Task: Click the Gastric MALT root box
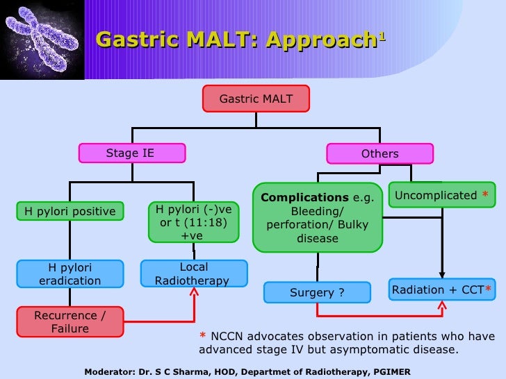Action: pyautogui.click(x=256, y=99)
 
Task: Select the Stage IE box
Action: pyautogui.click(x=131, y=153)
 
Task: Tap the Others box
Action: pyautogui.click(x=379, y=154)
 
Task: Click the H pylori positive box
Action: pyautogui.click(x=70, y=211)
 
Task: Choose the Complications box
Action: pyautogui.click(x=318, y=217)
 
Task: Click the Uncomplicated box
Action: pyautogui.click(x=441, y=196)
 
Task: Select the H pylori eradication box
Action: pyautogui.click(x=70, y=274)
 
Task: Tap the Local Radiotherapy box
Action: pyautogui.click(x=194, y=273)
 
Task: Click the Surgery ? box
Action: pyautogui.click(x=317, y=293)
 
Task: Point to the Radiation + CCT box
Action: pyautogui.click(x=441, y=289)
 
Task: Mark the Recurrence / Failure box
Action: pyautogui.click(x=70, y=322)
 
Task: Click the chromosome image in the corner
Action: pyautogui.click(x=42, y=40)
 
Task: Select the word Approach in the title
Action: pyautogui.click(x=320, y=40)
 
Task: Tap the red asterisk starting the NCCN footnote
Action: pyautogui.click(x=202, y=337)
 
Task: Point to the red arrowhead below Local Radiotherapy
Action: pyautogui.click(x=194, y=294)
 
